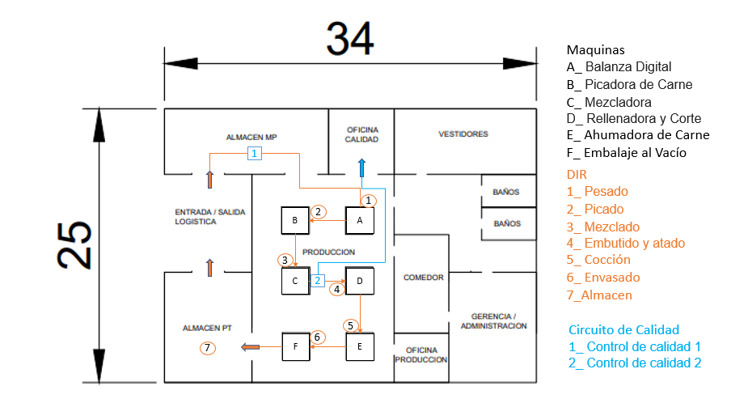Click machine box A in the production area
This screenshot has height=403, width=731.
coord(360,220)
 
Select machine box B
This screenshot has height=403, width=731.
coord(295,220)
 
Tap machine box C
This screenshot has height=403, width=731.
coord(295,281)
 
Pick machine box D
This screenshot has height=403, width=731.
coord(360,281)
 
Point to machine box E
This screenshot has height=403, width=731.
coord(360,346)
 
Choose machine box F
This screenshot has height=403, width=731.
coord(296,346)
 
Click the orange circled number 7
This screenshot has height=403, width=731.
coord(208,347)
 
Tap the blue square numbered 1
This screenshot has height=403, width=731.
coord(254,153)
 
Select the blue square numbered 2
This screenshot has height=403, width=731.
coord(318,280)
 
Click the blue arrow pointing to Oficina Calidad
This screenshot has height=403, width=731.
coord(361,168)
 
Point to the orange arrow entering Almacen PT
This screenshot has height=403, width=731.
coord(251,346)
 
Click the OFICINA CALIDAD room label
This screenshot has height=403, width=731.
coord(362,134)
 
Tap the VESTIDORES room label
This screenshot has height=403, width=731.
coord(463,134)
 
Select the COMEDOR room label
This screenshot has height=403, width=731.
coord(423,278)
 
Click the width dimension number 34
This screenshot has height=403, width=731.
coord(350,38)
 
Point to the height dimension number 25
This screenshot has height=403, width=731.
coord(74,245)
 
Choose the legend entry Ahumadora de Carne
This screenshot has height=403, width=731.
coord(638,135)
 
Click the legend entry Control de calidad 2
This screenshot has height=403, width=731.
coord(635,363)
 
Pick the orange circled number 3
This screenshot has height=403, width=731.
coord(285,261)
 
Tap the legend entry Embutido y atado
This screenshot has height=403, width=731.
coord(626,243)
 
